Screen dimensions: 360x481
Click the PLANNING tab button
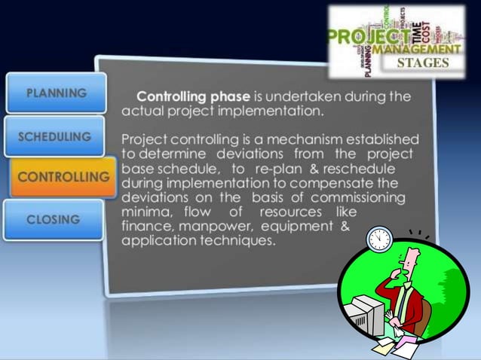click(x=56, y=93)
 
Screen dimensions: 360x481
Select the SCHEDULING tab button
click(x=54, y=136)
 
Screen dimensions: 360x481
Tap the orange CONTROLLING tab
click(x=63, y=177)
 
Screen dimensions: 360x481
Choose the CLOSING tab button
click(x=53, y=219)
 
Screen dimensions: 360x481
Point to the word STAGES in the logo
click(x=427, y=63)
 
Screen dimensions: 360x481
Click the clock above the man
click(x=379, y=239)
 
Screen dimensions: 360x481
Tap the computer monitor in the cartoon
click(x=369, y=310)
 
